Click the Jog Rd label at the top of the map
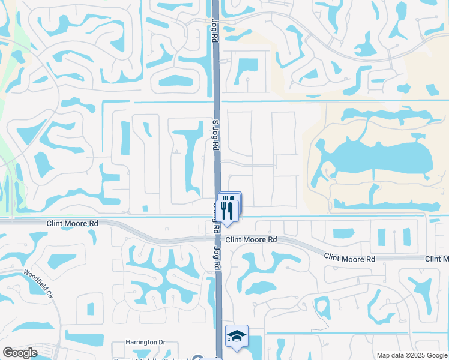[x=214, y=29]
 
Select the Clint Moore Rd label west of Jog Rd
[x=72, y=223]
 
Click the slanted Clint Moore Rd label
[x=349, y=257]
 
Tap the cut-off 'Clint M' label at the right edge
[x=437, y=259]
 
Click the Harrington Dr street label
[x=145, y=342]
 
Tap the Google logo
[x=20, y=353]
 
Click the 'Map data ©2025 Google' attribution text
[x=411, y=355]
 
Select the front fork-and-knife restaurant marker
[x=226, y=211]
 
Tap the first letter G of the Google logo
[x=7, y=353]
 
